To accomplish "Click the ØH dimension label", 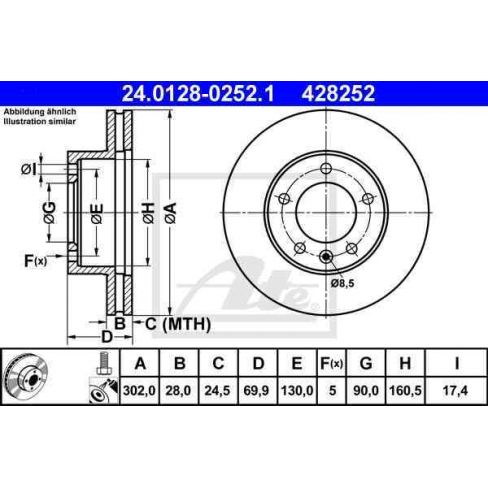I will [x=147, y=212].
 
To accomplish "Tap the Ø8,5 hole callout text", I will [x=342, y=284].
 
